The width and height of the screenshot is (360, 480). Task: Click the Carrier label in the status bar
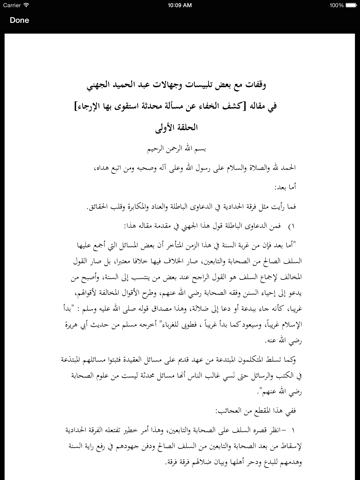point(20,5)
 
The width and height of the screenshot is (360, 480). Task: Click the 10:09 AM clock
point(180,5)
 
